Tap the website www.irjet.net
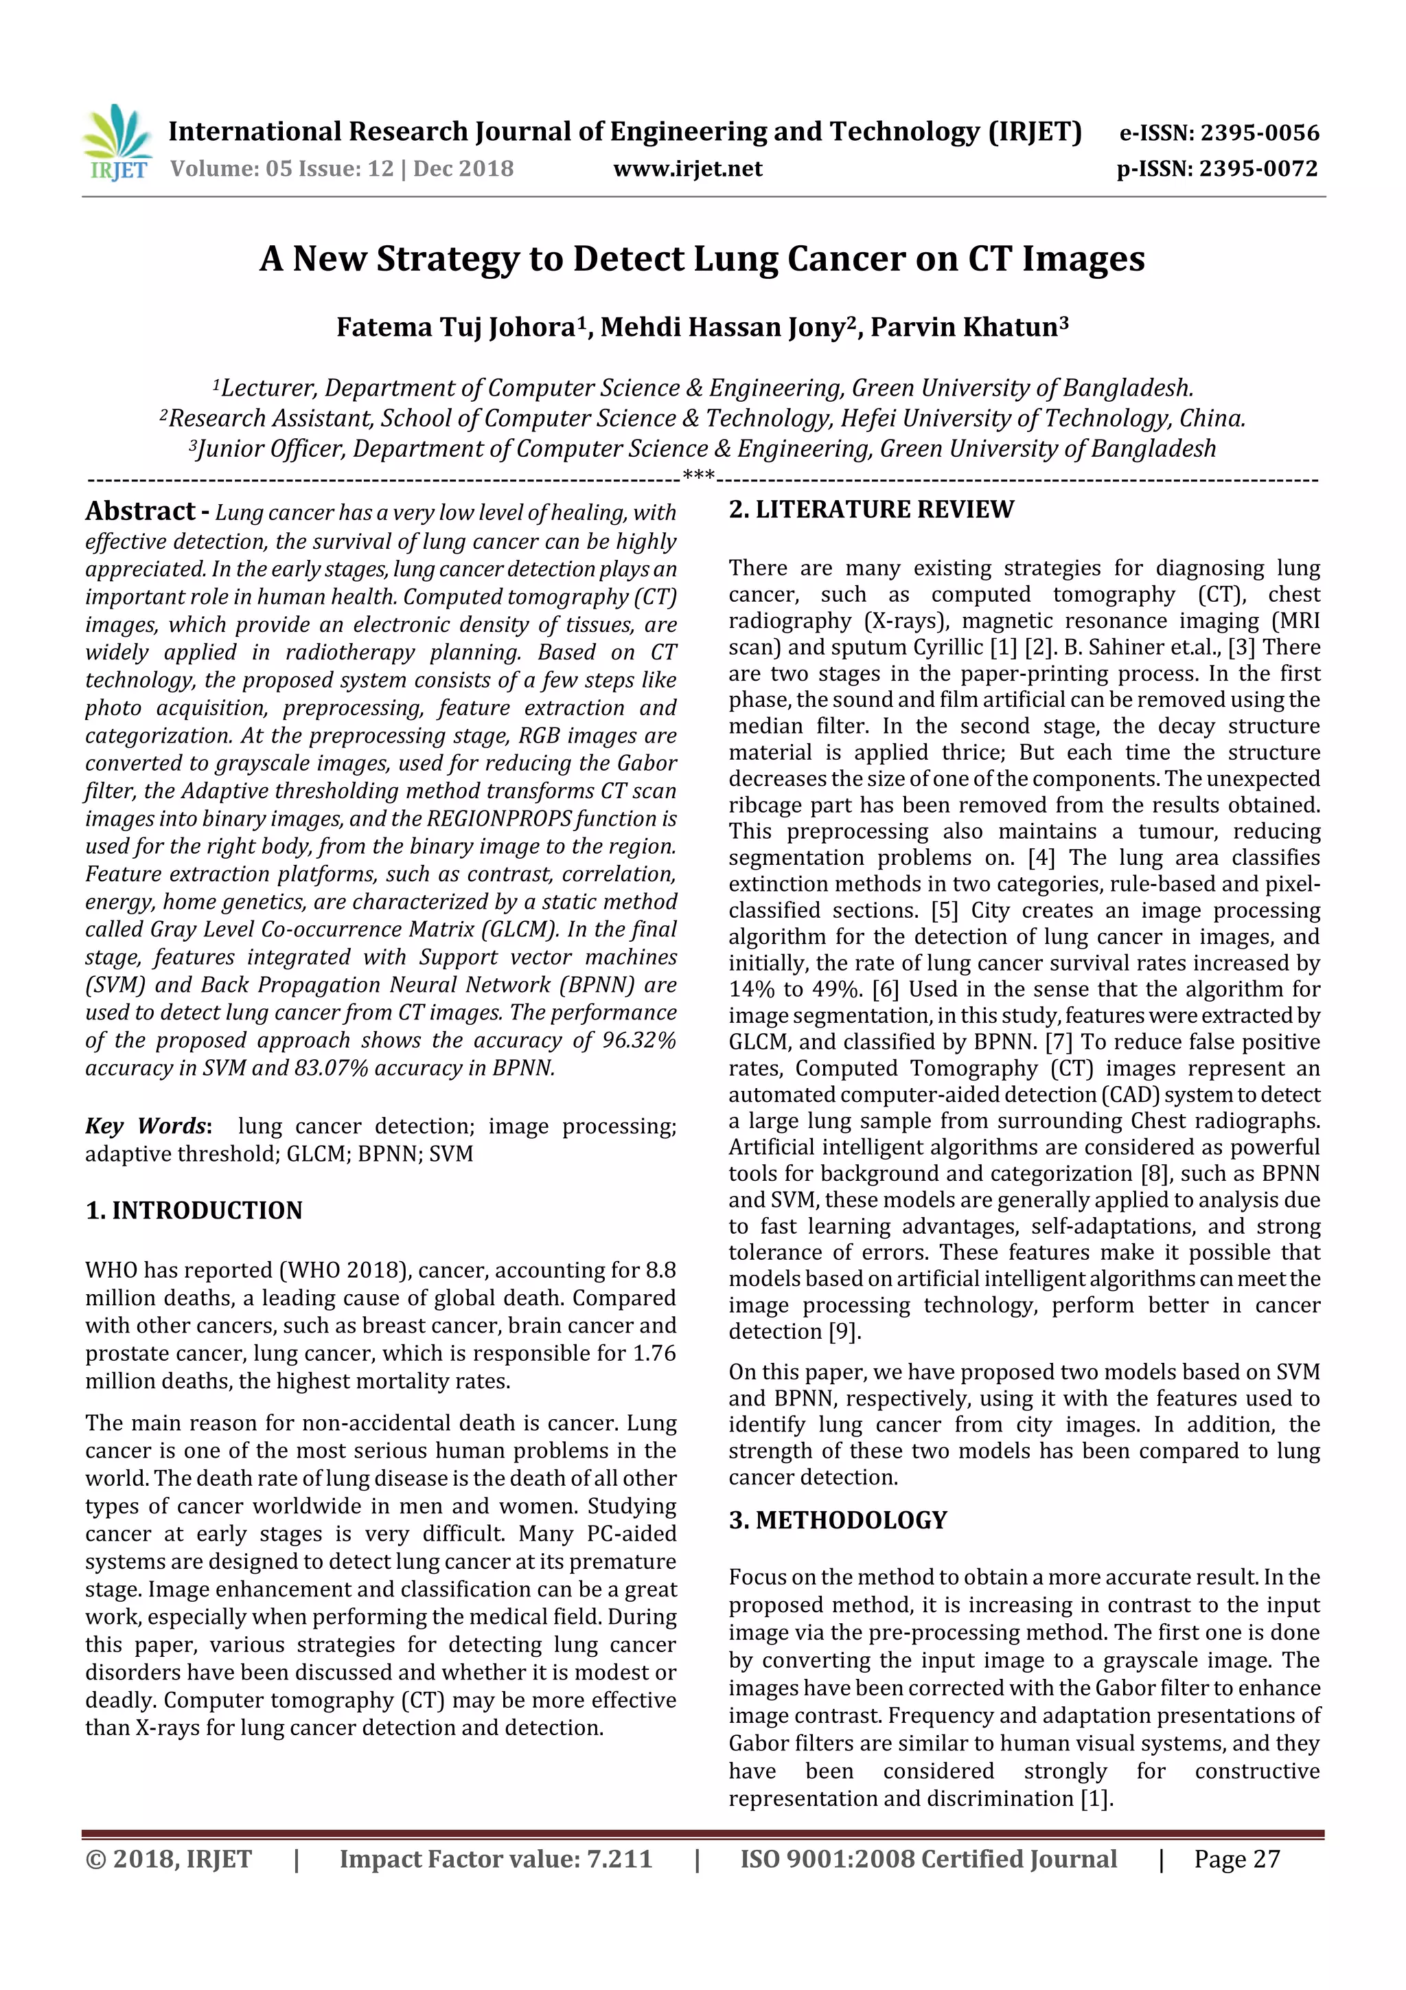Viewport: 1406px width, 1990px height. point(687,169)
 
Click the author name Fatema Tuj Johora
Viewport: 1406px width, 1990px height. point(454,328)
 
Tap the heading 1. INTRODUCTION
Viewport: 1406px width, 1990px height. point(194,1211)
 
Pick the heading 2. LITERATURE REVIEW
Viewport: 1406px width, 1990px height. point(871,510)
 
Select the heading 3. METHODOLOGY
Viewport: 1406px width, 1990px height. point(838,1520)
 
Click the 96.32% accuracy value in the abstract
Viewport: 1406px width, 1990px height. point(638,1040)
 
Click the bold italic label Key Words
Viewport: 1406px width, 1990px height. point(146,1126)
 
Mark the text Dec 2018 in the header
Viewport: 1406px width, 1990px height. point(463,169)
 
